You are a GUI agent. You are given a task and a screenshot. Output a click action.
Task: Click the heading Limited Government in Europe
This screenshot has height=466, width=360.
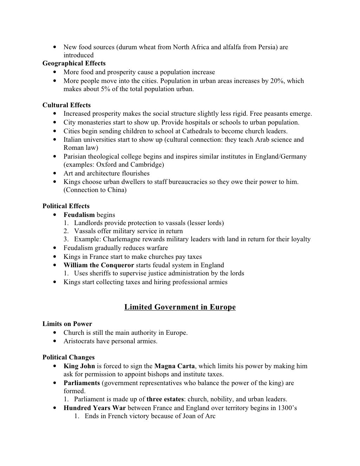(180, 307)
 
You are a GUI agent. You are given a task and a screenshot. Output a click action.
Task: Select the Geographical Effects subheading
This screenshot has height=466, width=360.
(74, 63)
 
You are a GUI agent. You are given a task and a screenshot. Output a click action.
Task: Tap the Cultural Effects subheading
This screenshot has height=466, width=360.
(66, 105)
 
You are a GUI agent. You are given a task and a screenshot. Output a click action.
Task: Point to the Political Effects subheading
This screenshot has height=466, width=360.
(66, 206)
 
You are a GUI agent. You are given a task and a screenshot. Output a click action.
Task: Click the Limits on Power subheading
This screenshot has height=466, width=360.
(67, 324)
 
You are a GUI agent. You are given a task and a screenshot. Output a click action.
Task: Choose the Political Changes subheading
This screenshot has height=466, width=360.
(69, 358)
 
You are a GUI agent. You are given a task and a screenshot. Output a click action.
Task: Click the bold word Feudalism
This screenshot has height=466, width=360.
(79, 215)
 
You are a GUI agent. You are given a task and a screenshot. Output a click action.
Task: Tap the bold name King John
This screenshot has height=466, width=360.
(79, 366)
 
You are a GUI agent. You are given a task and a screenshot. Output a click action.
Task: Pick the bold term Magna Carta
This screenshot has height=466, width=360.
(174, 366)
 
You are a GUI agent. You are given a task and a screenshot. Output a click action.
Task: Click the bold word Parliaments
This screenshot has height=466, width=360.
(82, 383)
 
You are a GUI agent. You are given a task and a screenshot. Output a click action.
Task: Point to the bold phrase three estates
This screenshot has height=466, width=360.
(165, 399)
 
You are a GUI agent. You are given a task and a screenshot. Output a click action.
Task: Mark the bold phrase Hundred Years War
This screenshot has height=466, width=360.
(95, 408)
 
